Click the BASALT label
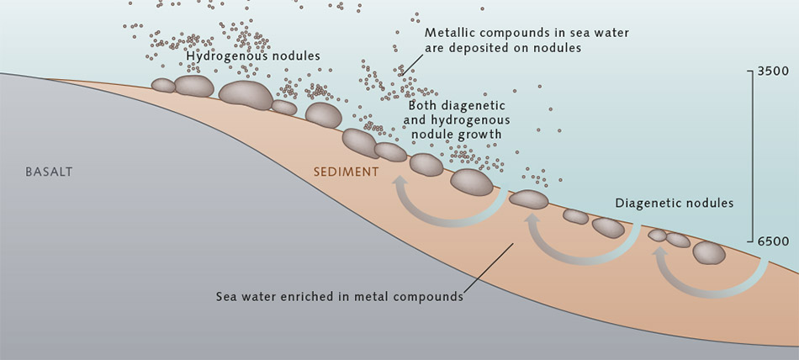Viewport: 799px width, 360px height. click(49, 172)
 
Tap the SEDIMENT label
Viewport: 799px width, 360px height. click(346, 172)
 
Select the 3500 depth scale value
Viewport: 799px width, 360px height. click(772, 71)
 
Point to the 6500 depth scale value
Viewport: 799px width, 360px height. click(772, 241)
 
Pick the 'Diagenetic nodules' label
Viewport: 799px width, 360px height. click(675, 203)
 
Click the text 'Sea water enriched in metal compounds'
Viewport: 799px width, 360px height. click(340, 296)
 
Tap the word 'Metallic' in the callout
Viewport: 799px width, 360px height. click(448, 33)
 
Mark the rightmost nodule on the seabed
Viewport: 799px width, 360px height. click(709, 252)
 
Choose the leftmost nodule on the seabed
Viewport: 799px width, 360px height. click(163, 85)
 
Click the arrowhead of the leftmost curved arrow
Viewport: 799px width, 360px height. click(399, 182)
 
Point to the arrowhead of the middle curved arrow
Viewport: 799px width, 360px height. click(532, 220)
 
